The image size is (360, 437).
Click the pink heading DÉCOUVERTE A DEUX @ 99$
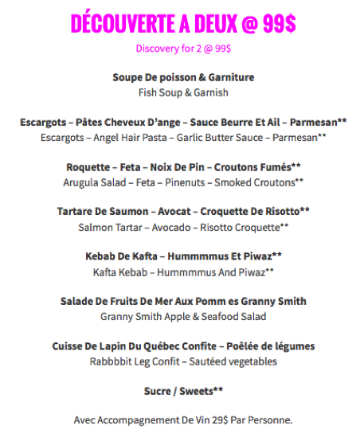tap(183, 24)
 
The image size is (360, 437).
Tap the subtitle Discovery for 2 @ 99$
tap(183, 49)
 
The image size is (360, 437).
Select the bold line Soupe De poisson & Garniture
tap(183, 77)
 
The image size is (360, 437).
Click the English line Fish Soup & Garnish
tap(183, 92)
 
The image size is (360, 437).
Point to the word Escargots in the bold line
tap(42, 123)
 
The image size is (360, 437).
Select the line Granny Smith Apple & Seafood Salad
tap(183, 316)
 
